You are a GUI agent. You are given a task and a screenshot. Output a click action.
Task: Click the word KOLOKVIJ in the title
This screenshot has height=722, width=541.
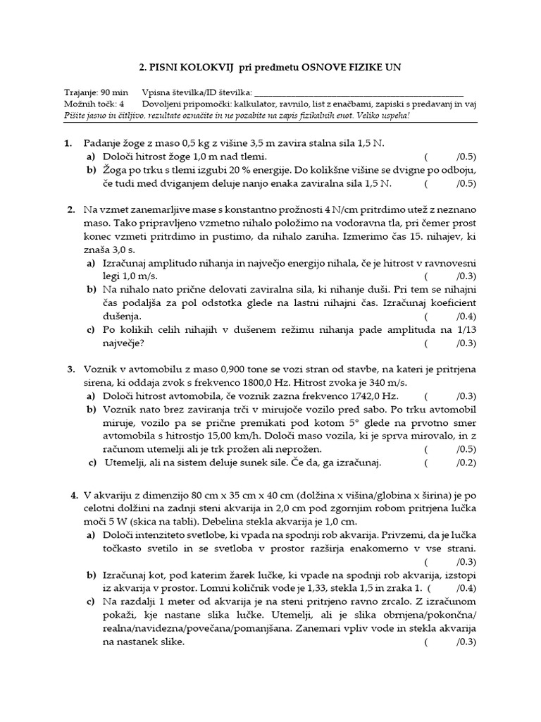click(x=204, y=67)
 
